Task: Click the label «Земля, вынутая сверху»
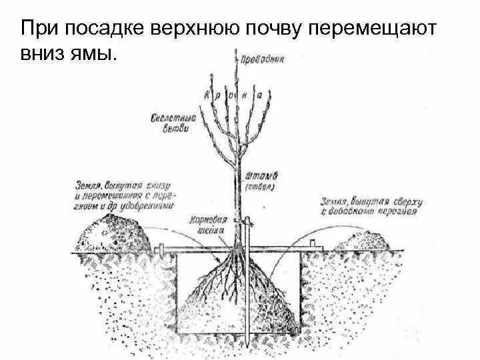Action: [x=368, y=205]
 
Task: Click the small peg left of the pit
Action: [x=161, y=249]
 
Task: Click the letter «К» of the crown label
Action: [x=207, y=95]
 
